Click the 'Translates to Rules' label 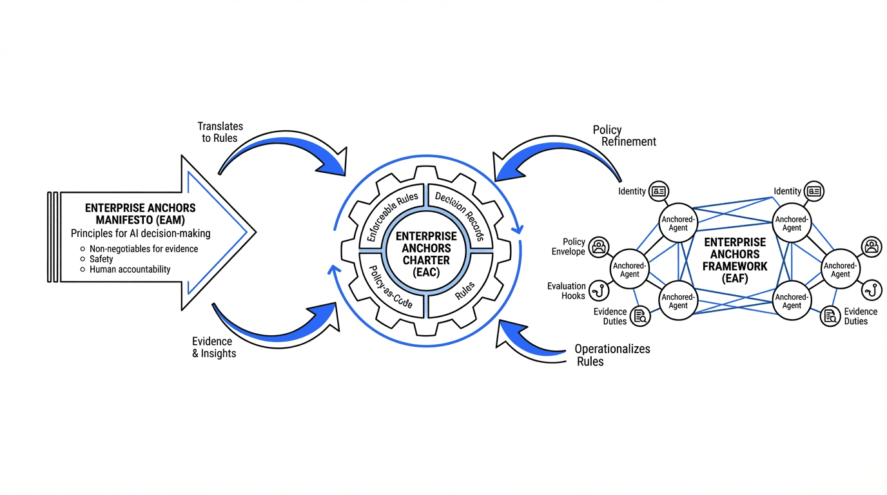pos(220,132)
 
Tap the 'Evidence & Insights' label pos(214,347)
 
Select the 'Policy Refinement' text pos(624,136)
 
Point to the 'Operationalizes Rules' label pos(612,355)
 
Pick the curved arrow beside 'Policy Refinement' pos(554,158)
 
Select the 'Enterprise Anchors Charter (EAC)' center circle pos(426,254)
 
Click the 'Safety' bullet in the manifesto pos(101,259)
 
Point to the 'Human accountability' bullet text pos(130,269)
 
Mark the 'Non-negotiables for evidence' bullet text pos(143,249)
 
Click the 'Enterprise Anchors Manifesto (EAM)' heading pos(140,214)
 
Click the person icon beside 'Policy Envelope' pos(599,246)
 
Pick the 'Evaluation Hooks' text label pos(566,291)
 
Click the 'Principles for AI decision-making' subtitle pos(140,233)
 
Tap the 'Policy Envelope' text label pos(568,247)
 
